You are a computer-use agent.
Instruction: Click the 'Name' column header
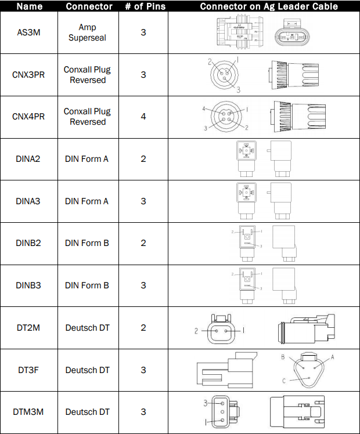point(29,6)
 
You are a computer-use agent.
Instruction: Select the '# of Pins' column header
point(143,6)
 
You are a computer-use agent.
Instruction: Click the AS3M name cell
point(29,32)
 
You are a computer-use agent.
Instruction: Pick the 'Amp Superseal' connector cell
point(88,32)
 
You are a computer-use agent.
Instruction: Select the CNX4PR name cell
point(29,117)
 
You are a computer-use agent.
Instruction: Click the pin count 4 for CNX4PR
point(143,117)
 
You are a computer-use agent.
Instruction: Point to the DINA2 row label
point(29,159)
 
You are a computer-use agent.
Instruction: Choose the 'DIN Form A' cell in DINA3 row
point(87,201)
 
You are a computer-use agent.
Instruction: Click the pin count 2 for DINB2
point(143,243)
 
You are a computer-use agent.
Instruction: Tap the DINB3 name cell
point(29,285)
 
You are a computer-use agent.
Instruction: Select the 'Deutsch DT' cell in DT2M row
point(88,328)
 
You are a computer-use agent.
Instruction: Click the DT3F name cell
point(29,370)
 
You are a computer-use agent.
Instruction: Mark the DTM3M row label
point(29,412)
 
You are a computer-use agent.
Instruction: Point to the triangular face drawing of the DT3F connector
point(308,370)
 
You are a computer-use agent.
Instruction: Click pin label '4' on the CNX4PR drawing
point(204,108)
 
